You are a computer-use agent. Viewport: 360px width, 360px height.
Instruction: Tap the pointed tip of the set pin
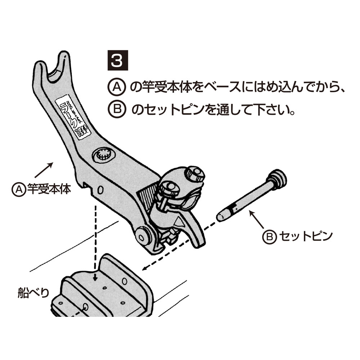point(220,217)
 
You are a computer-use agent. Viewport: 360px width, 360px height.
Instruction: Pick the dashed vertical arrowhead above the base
point(95,279)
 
